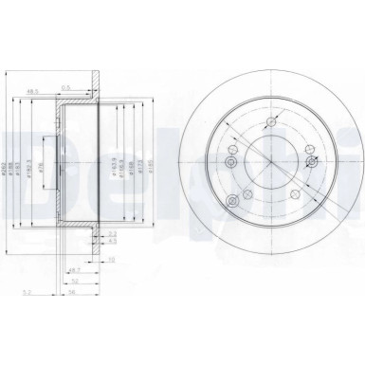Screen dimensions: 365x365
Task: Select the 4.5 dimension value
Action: (112, 241)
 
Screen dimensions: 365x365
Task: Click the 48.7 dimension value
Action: (74, 270)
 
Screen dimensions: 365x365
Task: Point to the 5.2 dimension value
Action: (28, 293)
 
